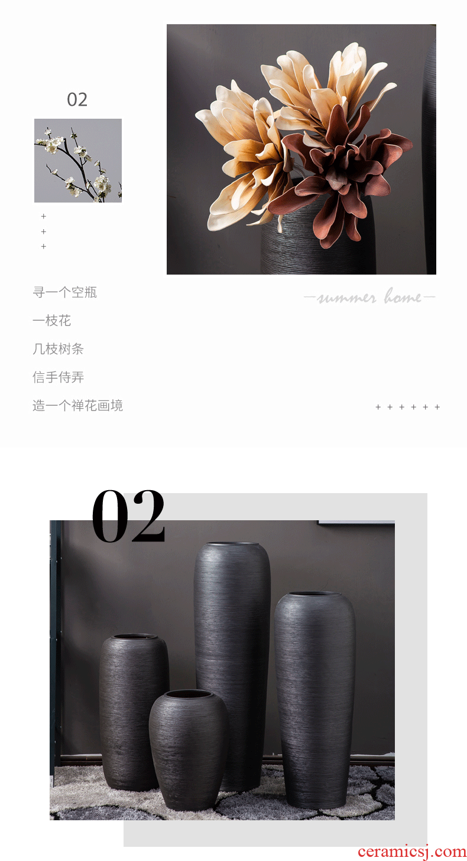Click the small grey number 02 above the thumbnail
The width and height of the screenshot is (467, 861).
pos(77,100)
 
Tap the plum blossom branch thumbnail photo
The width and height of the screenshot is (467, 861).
pos(78,160)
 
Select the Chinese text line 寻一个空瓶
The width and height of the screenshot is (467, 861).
pos(64,292)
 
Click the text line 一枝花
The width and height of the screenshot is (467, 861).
pos(52,321)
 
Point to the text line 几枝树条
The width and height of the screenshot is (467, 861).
pos(58,348)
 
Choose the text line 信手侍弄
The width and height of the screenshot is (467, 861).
pos(58,377)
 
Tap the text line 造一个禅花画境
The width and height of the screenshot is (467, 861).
pos(77,406)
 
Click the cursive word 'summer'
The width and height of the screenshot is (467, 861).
pos(346,298)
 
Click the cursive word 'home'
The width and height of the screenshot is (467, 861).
pos(403,296)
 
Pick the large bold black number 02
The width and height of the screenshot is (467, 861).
pos(129,516)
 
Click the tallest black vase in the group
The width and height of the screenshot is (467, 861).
pos(232,666)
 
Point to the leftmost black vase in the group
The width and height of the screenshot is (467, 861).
pos(134,712)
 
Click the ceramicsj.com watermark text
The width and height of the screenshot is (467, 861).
pos(411,851)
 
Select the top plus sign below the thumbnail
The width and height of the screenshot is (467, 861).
pos(44,216)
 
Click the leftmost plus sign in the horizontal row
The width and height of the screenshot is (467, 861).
pos(378,407)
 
